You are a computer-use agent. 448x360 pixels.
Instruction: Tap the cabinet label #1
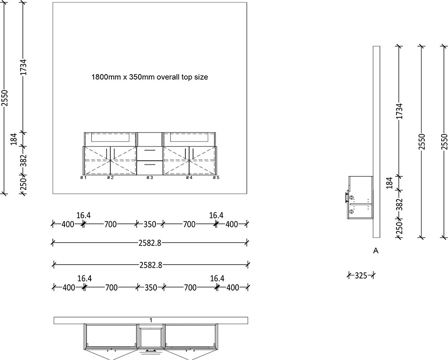coord(83,178)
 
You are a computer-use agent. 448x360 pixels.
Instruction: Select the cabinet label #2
coord(109,178)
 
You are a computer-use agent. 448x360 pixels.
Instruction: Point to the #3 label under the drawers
coord(150,178)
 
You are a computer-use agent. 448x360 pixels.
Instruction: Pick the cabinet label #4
coord(189,178)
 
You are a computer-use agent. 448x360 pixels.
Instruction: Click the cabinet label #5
coord(216,178)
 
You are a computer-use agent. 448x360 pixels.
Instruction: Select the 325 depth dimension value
coord(361,275)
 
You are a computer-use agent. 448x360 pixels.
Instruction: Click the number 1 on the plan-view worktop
coord(151,320)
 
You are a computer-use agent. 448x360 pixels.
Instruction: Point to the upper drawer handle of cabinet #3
coord(150,151)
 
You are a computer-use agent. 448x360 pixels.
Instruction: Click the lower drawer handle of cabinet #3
coord(150,164)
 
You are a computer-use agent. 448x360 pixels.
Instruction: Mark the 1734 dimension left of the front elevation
coord(23,67)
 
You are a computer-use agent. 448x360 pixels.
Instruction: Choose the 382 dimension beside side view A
coord(400,204)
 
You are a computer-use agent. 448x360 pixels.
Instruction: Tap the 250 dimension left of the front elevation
coord(23,184)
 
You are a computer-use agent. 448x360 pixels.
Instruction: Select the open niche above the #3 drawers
coord(150,139)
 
